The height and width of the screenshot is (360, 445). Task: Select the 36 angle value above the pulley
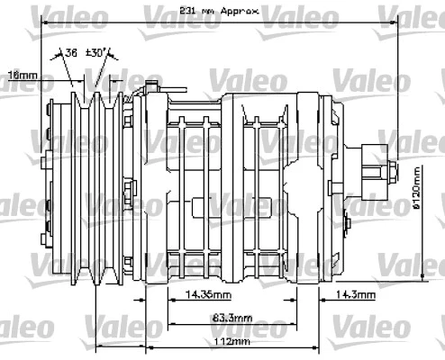71,52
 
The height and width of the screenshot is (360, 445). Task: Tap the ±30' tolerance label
98,52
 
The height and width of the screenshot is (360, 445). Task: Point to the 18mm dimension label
21,75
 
